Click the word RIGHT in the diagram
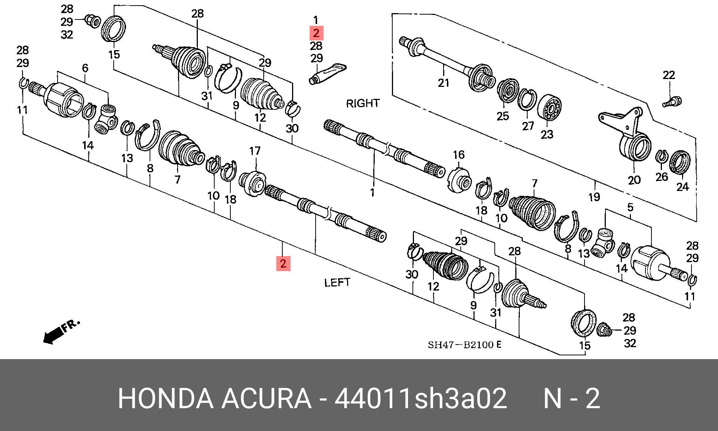pos(363,103)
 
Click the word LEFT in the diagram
pos(337,282)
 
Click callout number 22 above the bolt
pos(669,75)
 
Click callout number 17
pos(255,151)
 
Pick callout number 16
pos(458,155)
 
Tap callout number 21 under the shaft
pos(444,82)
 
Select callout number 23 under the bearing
pos(547,134)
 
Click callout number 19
pos(594,197)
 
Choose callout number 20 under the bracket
pos(634,180)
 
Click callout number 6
pos(85,68)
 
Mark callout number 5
pos(630,207)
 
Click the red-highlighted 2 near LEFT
pos(283,263)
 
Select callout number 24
pos(682,186)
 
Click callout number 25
pos(503,116)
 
